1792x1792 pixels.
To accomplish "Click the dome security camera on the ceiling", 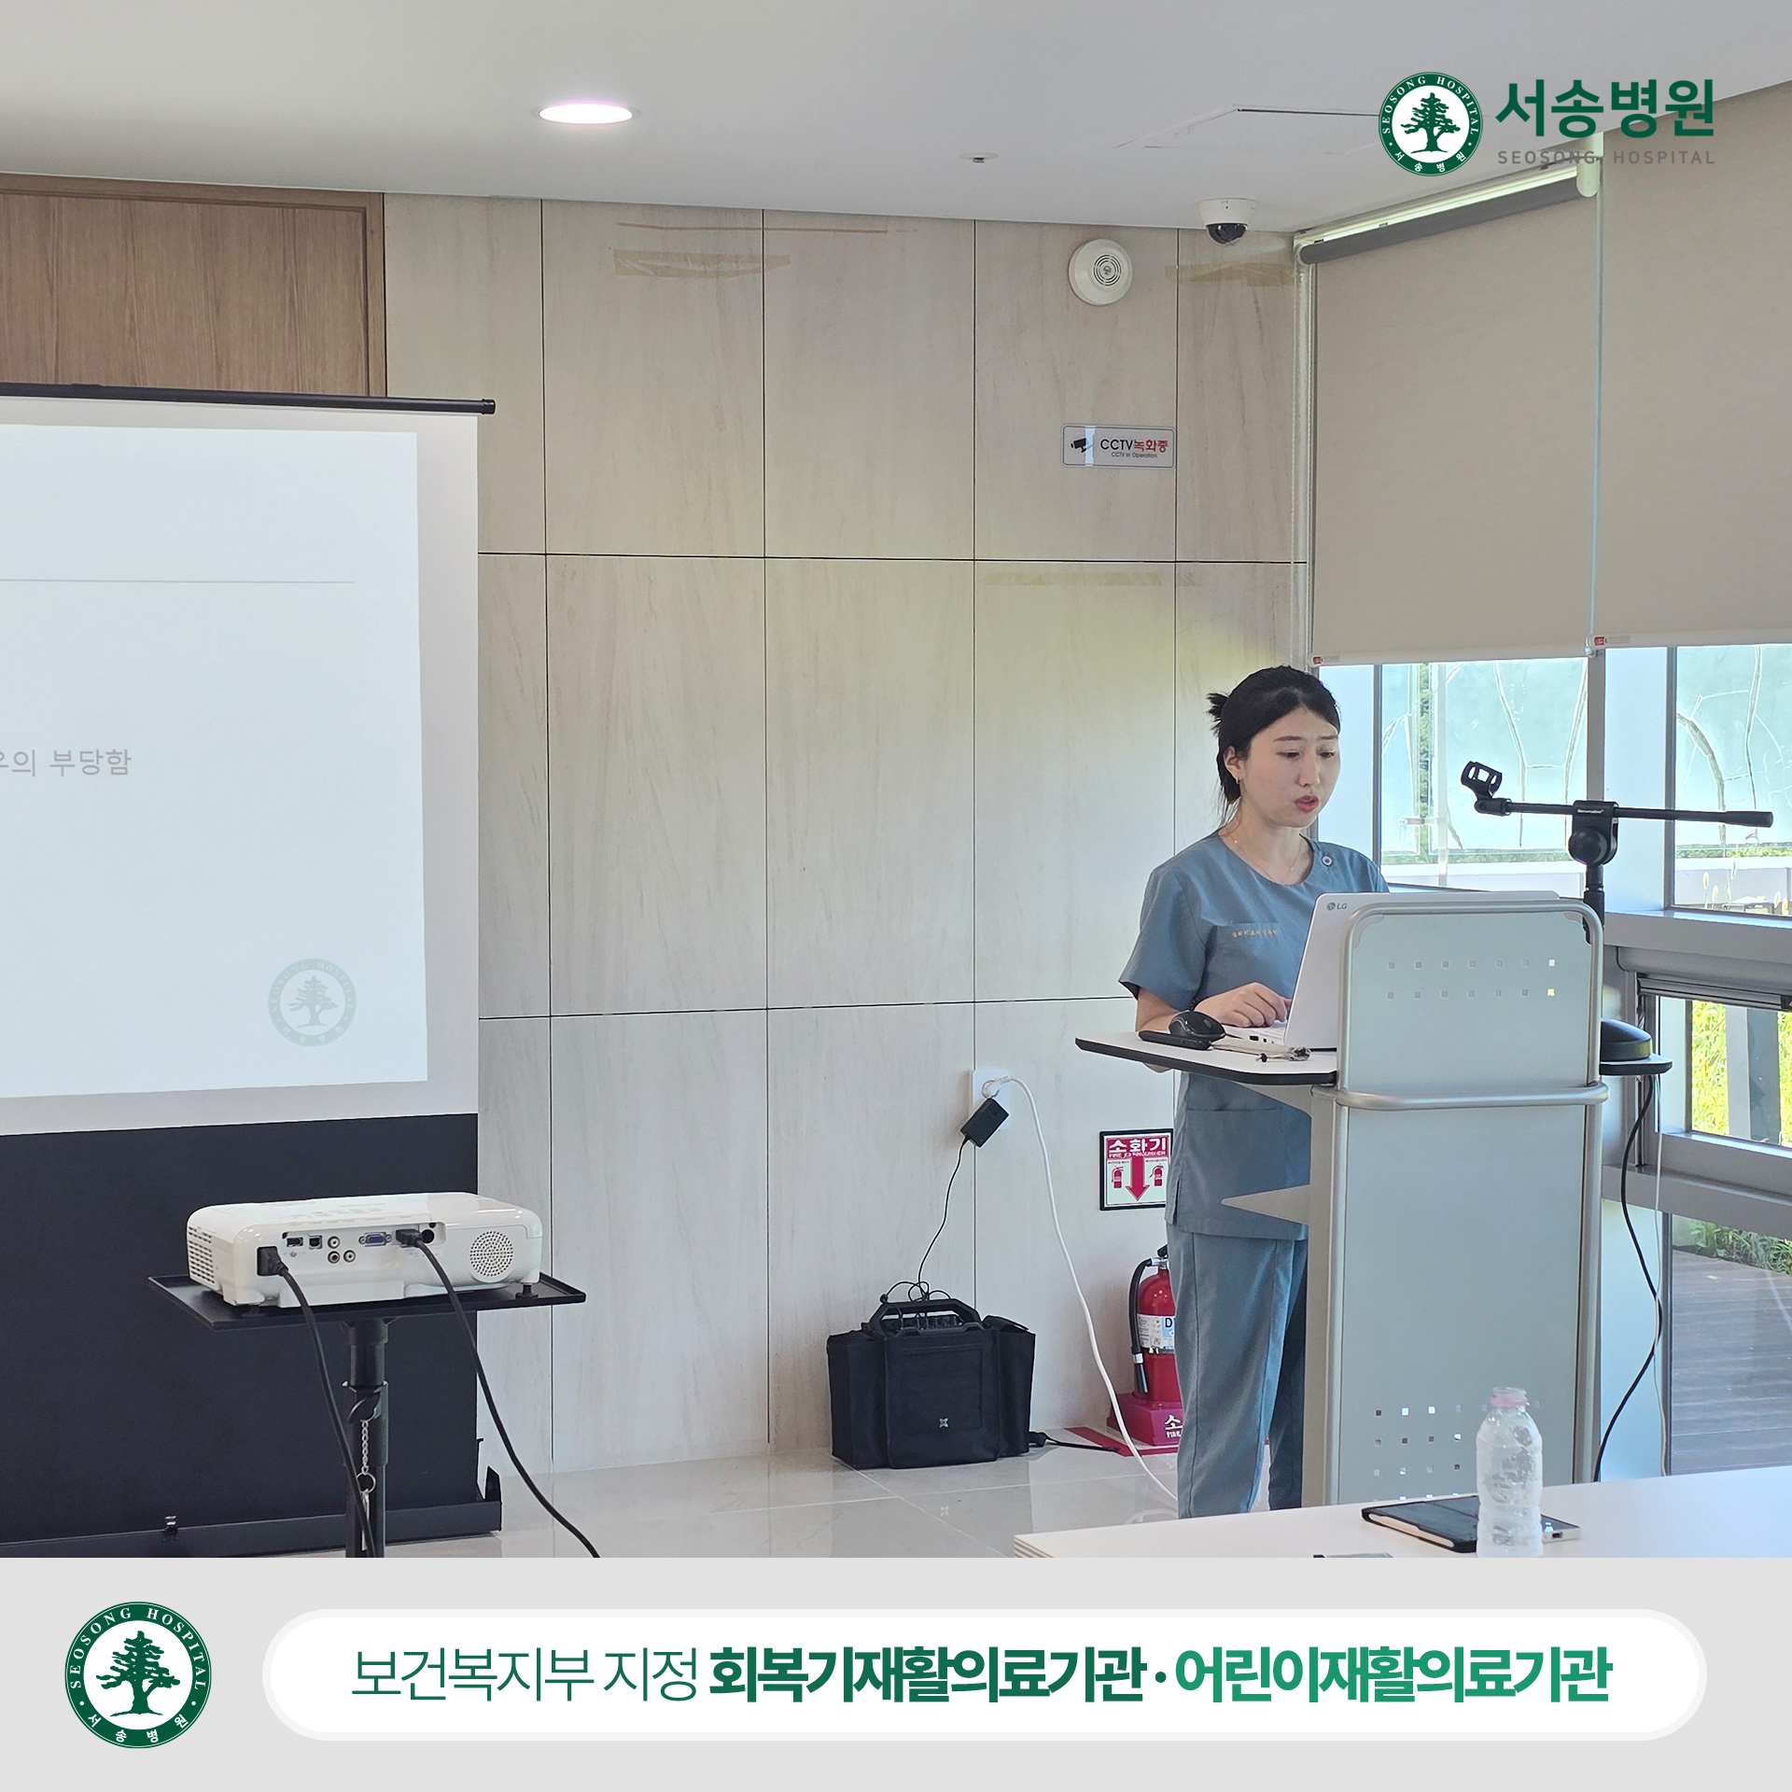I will (x=1226, y=220).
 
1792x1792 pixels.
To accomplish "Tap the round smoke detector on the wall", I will (x=1100, y=271).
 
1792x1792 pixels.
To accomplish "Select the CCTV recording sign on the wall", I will (x=1117, y=445).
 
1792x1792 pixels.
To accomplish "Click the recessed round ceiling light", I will (x=585, y=114).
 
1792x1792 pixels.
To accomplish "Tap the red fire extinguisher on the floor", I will (x=1154, y=1331).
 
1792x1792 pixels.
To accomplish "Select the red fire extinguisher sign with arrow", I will (x=1135, y=1169).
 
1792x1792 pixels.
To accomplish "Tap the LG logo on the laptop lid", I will (x=1336, y=905).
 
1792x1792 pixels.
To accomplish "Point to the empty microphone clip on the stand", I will (x=1481, y=780).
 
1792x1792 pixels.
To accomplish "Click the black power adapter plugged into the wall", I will (x=985, y=1119).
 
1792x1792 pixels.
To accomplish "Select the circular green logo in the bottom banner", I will (x=138, y=1674).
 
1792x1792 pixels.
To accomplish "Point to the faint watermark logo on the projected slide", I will (x=312, y=1001).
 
